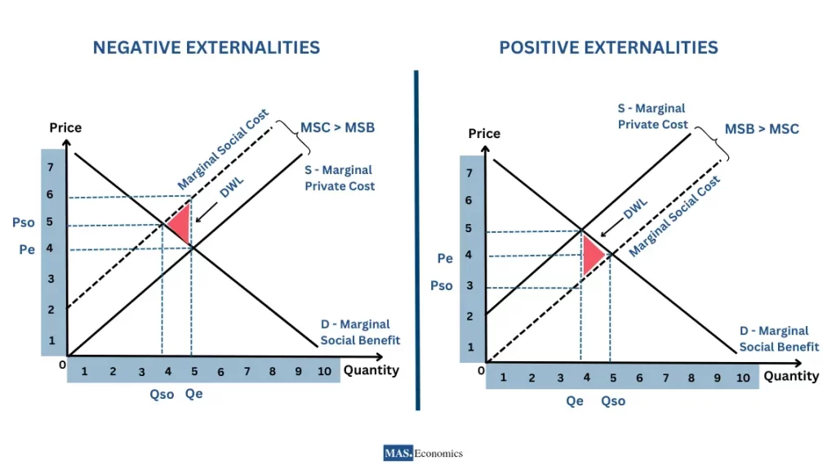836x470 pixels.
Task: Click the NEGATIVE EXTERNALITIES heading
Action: [206, 47]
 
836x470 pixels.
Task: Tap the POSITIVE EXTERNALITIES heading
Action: [608, 47]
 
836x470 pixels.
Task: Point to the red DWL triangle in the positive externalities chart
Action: [591, 254]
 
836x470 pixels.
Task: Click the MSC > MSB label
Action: [337, 128]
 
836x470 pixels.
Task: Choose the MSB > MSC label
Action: [761, 129]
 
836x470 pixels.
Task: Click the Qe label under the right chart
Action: [575, 401]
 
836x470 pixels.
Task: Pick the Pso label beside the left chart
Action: [23, 222]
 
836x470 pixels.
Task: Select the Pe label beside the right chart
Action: [445, 258]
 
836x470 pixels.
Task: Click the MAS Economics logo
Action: [422, 453]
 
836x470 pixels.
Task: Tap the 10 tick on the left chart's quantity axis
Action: [324, 371]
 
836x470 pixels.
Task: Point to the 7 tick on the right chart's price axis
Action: [469, 172]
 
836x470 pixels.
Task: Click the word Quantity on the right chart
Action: [790, 376]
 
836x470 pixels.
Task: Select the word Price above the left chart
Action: [65, 128]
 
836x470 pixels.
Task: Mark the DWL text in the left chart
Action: [232, 190]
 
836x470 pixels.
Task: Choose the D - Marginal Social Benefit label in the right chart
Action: [779, 338]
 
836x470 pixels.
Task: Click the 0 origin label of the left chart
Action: [62, 365]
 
